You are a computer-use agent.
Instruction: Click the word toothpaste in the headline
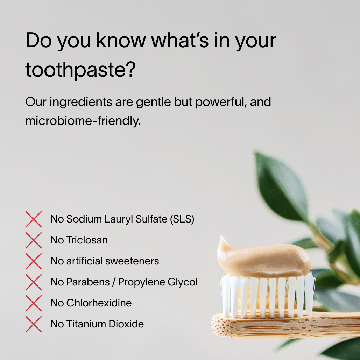[80, 70]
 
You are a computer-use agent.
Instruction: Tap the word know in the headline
[121, 41]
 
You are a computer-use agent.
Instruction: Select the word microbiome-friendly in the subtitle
[83, 120]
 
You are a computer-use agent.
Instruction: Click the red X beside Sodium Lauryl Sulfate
[34, 219]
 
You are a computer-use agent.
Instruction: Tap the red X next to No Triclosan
[34, 240]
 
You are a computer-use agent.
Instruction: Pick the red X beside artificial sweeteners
[34, 261]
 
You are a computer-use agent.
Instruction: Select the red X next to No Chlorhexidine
[34, 303]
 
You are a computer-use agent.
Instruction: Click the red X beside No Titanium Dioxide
[34, 324]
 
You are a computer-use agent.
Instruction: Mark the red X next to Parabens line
[34, 282]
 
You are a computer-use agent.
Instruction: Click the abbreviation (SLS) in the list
[182, 219]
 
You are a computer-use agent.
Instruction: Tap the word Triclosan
[87, 240]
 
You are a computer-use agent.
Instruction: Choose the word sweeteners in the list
[132, 261]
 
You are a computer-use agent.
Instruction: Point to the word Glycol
[183, 282]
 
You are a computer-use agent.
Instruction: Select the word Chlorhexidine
[99, 303]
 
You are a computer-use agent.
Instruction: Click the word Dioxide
[126, 324]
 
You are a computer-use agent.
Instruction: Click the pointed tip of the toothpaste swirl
[221, 236]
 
